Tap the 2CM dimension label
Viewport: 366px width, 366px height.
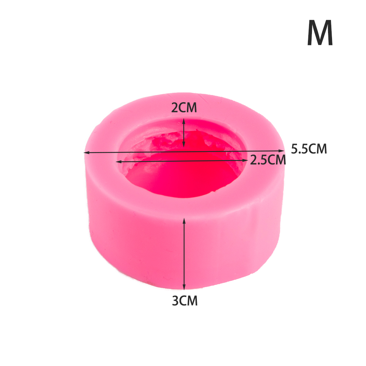[184, 108]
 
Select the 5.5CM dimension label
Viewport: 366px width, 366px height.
[309, 149]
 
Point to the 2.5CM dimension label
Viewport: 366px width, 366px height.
[268, 160]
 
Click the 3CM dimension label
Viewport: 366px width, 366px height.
[184, 301]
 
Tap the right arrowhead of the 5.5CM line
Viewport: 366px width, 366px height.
[282, 151]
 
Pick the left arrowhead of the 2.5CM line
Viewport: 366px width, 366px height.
[119, 161]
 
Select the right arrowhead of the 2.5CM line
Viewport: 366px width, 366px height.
[245, 160]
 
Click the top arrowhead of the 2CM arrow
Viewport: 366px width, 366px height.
[184, 121]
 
